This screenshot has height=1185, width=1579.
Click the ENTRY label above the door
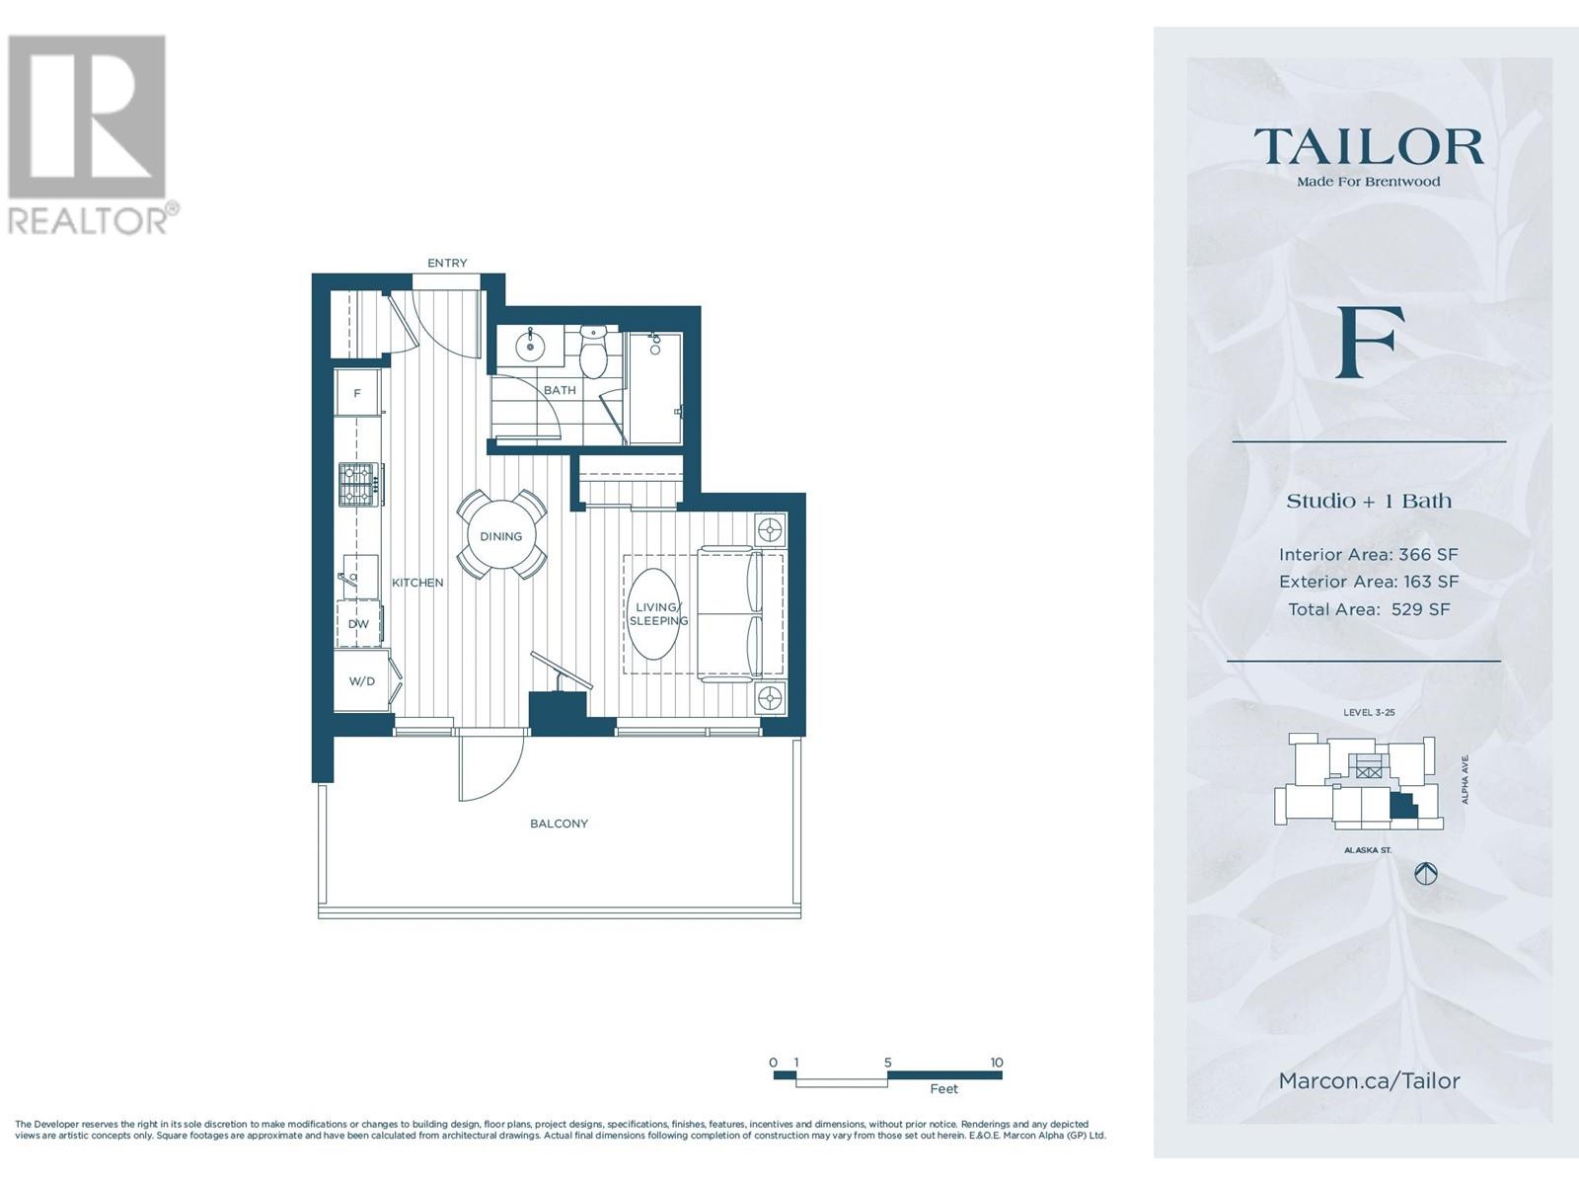click(447, 263)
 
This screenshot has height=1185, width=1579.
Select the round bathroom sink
click(530, 346)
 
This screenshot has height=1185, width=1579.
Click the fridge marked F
click(357, 393)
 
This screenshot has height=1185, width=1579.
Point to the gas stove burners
click(357, 484)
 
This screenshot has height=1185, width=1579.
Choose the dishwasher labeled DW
click(358, 624)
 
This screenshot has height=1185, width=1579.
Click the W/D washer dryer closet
click(362, 680)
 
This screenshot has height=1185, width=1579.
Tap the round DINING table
click(500, 536)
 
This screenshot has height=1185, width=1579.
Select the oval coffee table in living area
click(655, 613)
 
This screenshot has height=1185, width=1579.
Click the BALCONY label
click(559, 824)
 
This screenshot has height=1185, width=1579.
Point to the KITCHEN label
click(417, 582)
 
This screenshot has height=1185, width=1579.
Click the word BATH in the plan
click(560, 390)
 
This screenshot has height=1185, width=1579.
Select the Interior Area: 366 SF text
click(1368, 554)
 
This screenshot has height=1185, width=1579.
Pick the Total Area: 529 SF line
click(1368, 609)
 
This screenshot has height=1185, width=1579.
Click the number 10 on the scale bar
click(996, 1062)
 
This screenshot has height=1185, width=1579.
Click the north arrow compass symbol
click(1425, 874)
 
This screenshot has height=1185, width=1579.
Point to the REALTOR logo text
click(89, 219)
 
